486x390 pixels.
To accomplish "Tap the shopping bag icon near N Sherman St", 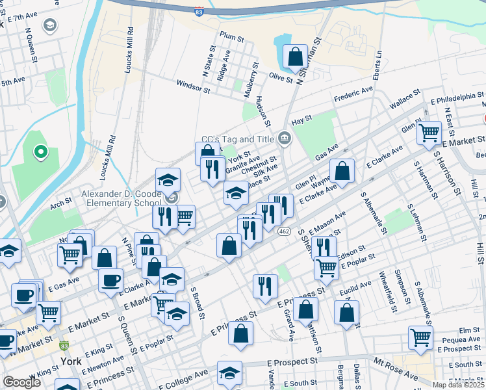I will click(295, 58).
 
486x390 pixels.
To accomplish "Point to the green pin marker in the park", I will click(40, 153).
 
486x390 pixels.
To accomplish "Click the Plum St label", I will click(231, 35).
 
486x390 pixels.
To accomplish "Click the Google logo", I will click(21, 382).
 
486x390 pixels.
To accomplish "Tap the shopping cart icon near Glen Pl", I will click(429, 133).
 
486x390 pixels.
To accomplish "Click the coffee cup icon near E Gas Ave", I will click(111, 280).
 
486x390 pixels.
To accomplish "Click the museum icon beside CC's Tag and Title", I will click(284, 138).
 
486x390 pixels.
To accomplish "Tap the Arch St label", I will click(60, 204).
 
